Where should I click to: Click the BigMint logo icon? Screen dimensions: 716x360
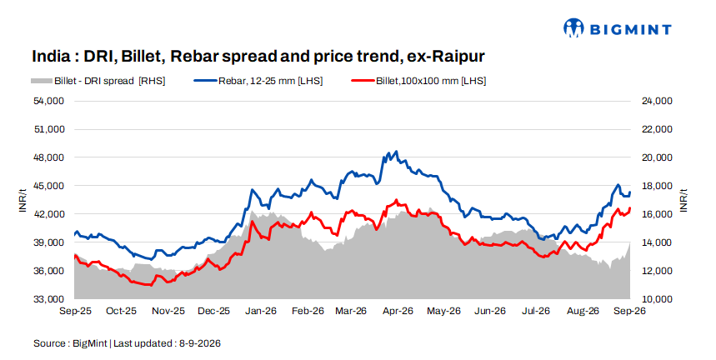click(573, 27)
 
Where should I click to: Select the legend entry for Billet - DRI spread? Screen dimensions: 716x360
click(98, 81)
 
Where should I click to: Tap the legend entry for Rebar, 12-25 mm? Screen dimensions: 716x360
click(258, 81)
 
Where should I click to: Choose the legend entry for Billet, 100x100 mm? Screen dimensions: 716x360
click(418, 81)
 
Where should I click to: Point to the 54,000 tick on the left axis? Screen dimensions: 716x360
click(49, 101)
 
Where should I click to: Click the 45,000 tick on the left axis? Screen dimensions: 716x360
click(49, 186)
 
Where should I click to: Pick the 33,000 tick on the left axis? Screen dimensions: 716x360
click(49, 299)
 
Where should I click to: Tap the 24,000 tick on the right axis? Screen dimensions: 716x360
click(657, 101)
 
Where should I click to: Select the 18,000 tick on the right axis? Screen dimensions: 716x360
click(657, 186)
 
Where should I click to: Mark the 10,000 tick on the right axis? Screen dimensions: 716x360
click(657, 299)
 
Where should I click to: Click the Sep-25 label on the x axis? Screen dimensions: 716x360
click(75, 311)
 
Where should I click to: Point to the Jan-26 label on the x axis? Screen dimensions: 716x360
click(261, 311)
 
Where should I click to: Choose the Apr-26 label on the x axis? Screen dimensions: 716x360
click(398, 311)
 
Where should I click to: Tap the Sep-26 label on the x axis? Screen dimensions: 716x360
click(629, 311)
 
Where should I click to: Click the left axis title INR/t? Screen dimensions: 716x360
click(23, 200)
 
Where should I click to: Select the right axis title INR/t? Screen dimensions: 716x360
click(683, 200)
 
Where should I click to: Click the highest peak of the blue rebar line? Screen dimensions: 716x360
click(396, 152)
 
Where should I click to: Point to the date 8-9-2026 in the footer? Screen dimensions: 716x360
click(199, 343)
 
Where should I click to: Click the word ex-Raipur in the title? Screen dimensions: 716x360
click(446, 56)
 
